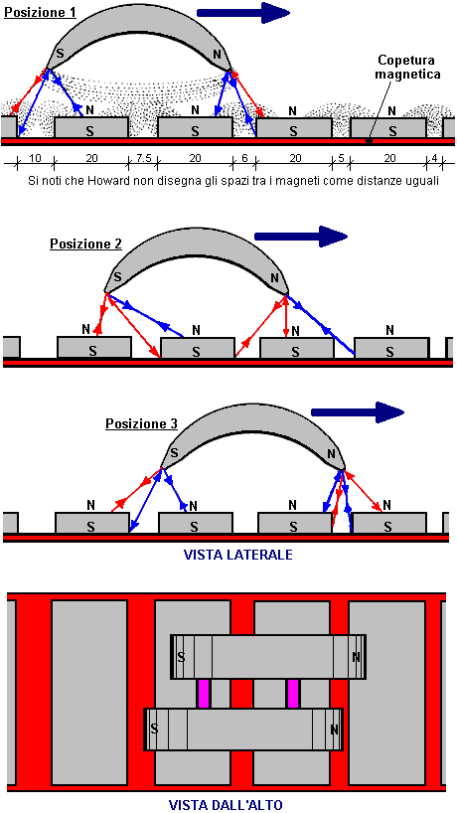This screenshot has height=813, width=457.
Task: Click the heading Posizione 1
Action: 40,12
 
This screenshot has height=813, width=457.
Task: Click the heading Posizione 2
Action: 85,244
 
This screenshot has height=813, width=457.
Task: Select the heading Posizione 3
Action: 141,423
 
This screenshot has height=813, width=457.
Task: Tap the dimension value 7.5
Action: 142,158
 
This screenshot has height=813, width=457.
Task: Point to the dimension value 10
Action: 35,158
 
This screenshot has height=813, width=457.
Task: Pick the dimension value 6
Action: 244,158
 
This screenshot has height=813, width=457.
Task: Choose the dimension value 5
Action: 341,158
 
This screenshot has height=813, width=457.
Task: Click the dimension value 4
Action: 435,158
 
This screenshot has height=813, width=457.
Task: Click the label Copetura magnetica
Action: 409,68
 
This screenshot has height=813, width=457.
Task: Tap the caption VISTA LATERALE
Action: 237,555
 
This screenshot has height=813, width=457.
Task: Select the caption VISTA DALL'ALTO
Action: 226,805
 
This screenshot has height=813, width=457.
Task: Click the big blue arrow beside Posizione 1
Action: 243,13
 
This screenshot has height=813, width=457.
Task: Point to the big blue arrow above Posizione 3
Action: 358,412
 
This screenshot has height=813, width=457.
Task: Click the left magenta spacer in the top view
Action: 204,693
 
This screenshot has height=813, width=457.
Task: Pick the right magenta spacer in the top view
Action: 293,693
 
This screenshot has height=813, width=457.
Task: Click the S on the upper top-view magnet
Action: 181,657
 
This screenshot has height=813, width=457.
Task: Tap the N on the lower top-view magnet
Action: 334,730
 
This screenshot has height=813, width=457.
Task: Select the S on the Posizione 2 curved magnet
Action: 117,276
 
